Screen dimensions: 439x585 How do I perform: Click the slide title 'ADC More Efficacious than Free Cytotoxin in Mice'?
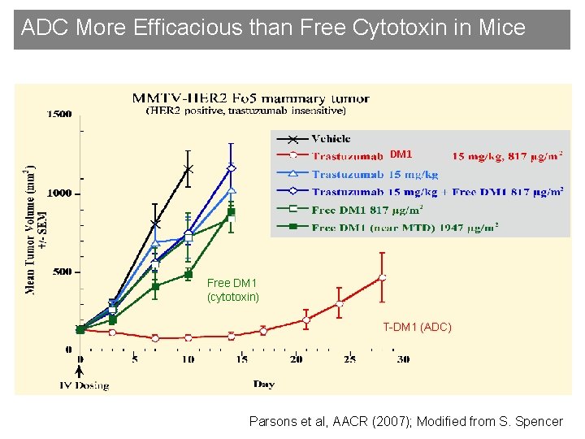[x=273, y=28]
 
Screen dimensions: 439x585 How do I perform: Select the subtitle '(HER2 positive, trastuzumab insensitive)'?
[x=245, y=110]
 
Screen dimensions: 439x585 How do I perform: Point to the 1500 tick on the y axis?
[x=58, y=115]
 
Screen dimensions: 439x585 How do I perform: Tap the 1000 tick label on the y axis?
[x=58, y=193]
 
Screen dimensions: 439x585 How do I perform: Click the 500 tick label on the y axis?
[x=61, y=272]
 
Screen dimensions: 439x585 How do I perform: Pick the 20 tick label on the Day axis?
[x=295, y=359]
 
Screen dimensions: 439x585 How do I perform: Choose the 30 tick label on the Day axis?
[x=402, y=359]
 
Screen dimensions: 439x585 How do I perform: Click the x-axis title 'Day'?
[x=262, y=384]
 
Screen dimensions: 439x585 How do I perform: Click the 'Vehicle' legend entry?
[x=331, y=139]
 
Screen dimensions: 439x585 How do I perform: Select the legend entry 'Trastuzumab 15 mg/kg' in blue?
[x=375, y=175]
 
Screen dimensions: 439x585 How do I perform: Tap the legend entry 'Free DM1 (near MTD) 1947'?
[x=404, y=228]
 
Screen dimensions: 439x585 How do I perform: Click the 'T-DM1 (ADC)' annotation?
[x=416, y=327]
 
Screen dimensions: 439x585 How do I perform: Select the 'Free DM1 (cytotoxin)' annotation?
[x=232, y=290]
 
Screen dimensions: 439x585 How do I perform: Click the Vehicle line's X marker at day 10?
[x=188, y=169]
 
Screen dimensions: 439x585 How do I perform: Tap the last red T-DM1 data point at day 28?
[x=382, y=277]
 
